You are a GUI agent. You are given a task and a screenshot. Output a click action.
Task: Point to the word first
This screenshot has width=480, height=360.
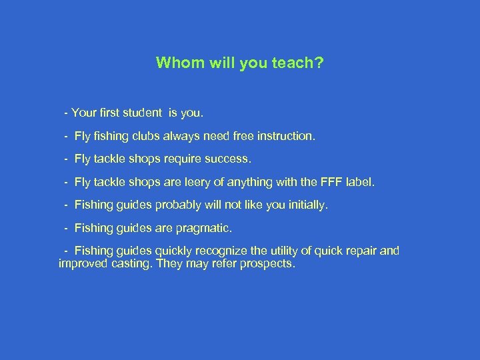click(x=107, y=113)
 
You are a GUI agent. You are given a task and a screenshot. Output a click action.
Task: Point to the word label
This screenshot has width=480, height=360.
click(x=359, y=182)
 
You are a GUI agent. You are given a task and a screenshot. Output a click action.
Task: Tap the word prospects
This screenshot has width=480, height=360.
click(x=268, y=264)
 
